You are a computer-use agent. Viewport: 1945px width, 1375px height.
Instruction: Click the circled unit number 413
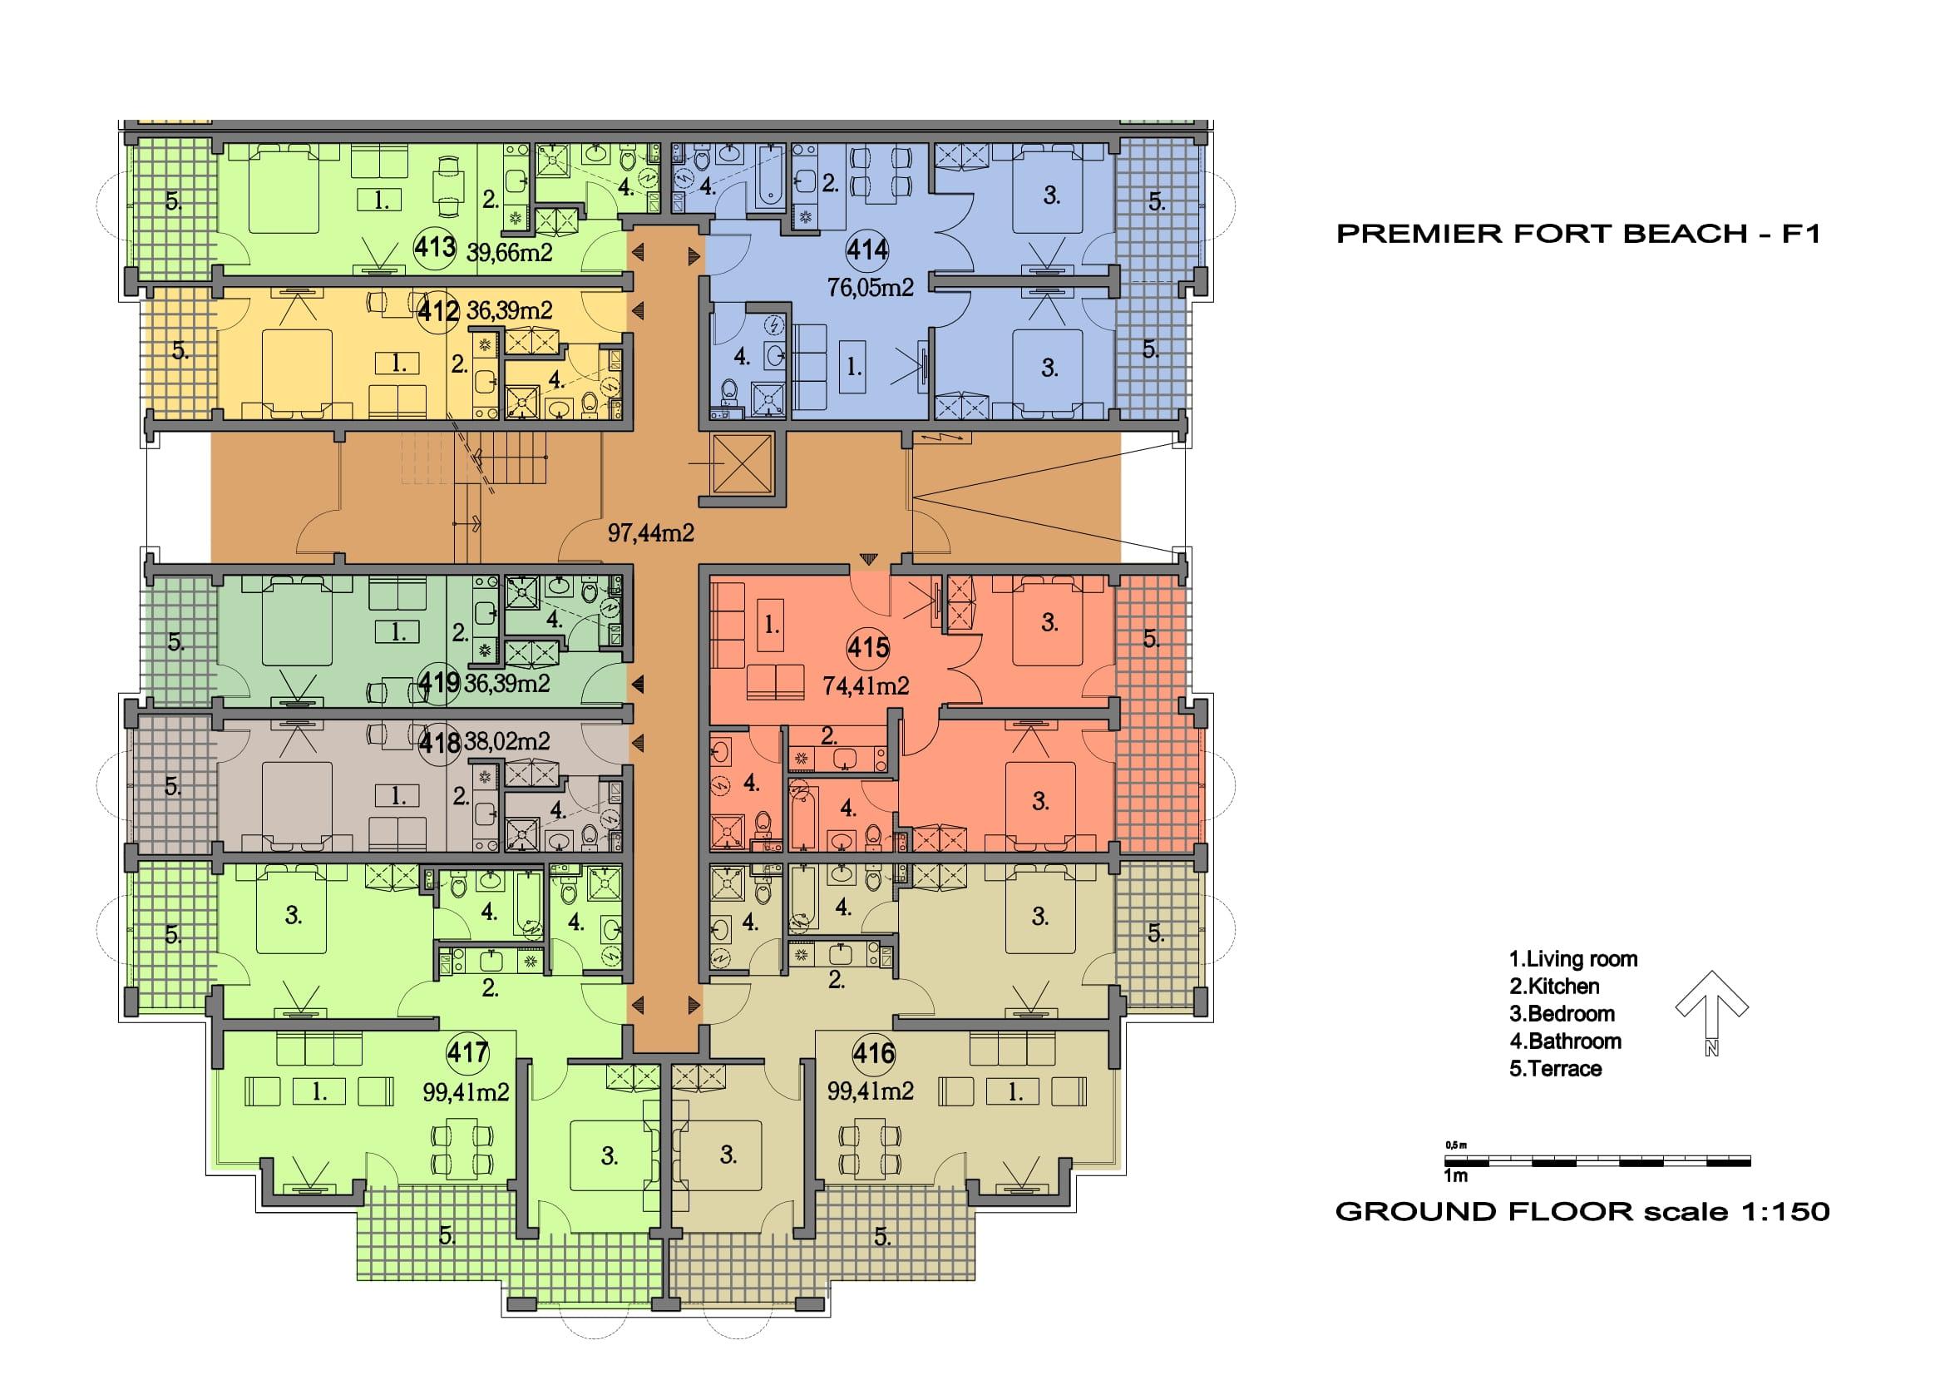435,248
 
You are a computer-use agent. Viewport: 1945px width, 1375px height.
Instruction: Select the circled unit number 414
867,250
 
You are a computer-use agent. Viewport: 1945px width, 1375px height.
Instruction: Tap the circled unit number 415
867,648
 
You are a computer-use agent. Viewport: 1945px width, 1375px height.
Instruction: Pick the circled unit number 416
873,1053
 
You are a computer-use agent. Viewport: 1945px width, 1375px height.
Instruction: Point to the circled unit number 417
467,1053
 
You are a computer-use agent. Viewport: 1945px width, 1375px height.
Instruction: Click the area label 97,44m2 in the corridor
651,532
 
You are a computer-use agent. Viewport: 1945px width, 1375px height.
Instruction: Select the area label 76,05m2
871,288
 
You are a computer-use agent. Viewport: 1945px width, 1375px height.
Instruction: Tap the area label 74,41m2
866,685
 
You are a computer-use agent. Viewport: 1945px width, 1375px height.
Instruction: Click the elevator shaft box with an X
743,462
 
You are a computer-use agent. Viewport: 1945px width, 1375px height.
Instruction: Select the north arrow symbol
1711,1013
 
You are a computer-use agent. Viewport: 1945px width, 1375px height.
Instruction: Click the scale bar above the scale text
1597,1161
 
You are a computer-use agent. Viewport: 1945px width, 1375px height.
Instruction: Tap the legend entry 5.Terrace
1555,1068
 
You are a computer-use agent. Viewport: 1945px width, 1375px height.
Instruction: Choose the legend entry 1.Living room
1573,959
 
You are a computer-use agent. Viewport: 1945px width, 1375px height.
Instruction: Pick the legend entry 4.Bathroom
1566,1041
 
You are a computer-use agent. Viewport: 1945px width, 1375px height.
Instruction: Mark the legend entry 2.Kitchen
1554,987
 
